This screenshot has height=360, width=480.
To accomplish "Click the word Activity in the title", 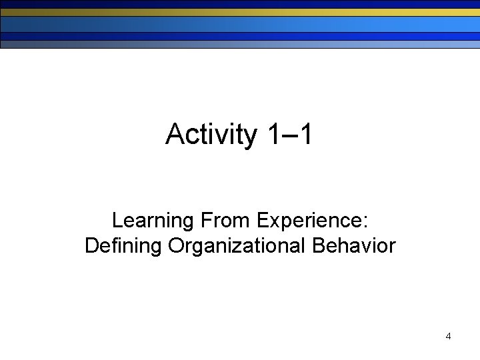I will click(x=211, y=135).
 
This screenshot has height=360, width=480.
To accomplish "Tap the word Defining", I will click(x=123, y=247).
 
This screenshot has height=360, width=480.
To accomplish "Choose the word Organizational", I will click(x=237, y=247).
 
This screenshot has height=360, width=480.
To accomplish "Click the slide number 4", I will click(x=448, y=337).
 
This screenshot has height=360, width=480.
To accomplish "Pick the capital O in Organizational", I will click(x=177, y=246).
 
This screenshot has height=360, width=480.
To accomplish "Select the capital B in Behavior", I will click(x=318, y=246).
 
